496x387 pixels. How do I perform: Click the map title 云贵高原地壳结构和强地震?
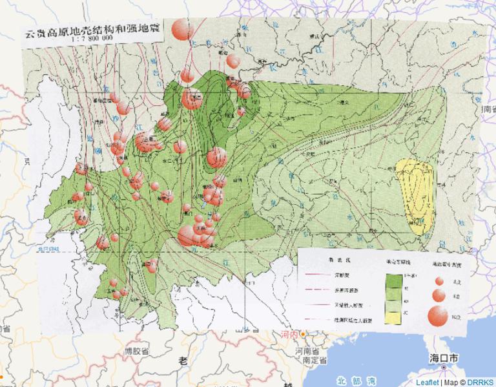(94, 29)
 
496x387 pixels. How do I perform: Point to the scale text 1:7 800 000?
(83, 39)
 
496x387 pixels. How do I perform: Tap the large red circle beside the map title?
(182, 29)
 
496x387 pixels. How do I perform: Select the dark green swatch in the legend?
(394, 280)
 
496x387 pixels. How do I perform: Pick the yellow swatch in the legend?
(394, 315)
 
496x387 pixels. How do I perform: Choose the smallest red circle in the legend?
(439, 281)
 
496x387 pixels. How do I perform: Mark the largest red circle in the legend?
(438, 315)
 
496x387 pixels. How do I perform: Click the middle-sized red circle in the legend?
(439, 296)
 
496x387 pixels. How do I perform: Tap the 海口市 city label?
(445, 358)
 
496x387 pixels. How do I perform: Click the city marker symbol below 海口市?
(445, 367)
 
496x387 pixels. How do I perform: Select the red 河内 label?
(289, 335)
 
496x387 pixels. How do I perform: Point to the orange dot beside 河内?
(302, 335)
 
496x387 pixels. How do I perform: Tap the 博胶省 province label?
(136, 351)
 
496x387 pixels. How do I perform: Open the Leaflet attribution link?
(428, 382)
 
